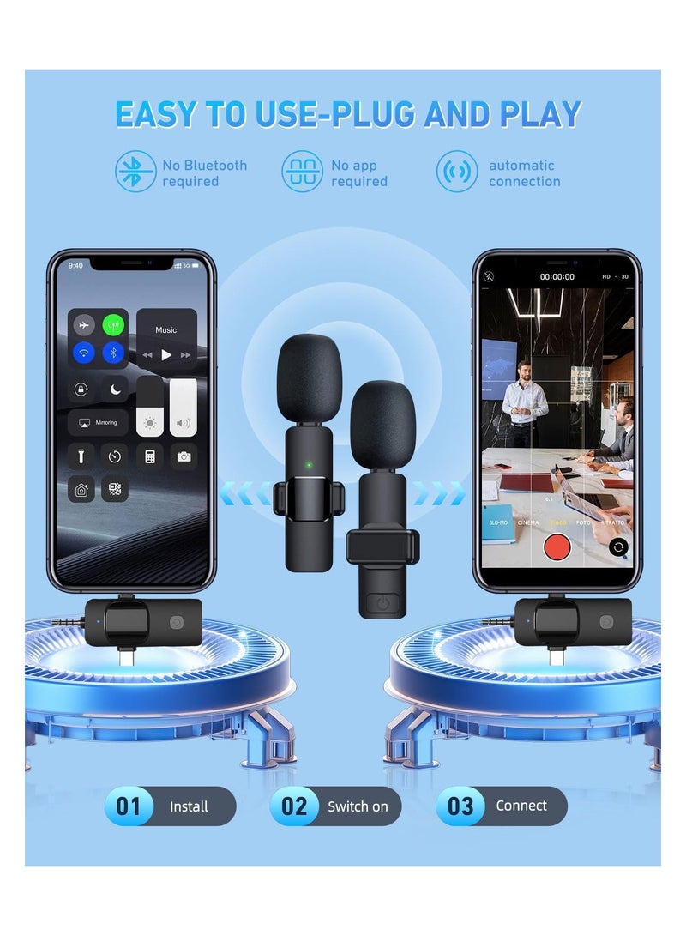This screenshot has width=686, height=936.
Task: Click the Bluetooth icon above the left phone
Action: [135, 172]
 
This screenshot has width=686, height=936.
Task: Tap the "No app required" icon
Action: [302, 172]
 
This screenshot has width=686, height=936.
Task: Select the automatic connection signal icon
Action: [456, 172]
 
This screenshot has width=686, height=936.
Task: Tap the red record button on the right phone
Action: [557, 547]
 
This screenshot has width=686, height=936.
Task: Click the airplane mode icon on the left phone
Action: [84, 326]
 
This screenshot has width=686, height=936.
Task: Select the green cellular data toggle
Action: [113, 326]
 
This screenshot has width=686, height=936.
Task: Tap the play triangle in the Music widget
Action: [166, 354]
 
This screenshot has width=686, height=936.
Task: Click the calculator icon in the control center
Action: [149, 456]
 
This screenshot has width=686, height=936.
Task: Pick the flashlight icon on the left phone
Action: [81, 456]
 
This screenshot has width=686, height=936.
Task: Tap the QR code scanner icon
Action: [115, 490]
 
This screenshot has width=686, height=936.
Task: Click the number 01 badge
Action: [129, 806]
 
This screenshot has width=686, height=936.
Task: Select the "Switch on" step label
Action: [358, 806]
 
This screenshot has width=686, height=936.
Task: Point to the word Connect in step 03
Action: [521, 806]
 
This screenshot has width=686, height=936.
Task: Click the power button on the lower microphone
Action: [382, 602]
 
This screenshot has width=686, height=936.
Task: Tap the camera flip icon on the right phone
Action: [618, 547]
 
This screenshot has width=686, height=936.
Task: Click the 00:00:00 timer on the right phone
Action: [557, 277]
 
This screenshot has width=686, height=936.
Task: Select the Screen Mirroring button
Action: [99, 423]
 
